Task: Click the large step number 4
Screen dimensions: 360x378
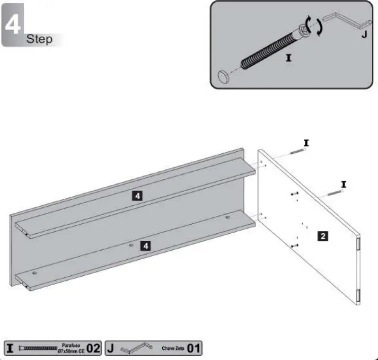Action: (x=13, y=23)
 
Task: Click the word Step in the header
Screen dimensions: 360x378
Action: (x=39, y=39)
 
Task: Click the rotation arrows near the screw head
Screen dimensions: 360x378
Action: (x=313, y=26)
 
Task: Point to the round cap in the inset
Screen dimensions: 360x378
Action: (x=223, y=75)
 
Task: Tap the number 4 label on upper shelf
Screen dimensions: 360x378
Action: (x=136, y=195)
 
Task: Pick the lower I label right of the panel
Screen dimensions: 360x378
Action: (x=343, y=184)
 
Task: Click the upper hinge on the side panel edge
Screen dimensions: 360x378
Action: (x=358, y=243)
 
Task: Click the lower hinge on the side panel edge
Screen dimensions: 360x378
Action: (x=358, y=296)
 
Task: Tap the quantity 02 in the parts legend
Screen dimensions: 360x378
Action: (x=93, y=349)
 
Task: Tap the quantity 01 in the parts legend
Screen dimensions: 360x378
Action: (x=193, y=349)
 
